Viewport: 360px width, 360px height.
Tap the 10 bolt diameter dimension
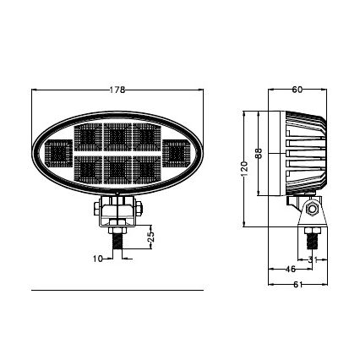[97, 258]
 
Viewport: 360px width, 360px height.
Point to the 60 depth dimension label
[297, 90]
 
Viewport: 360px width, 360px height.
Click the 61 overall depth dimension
[297, 285]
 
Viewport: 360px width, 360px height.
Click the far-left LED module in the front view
[59, 154]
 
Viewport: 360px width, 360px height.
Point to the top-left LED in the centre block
[88, 136]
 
